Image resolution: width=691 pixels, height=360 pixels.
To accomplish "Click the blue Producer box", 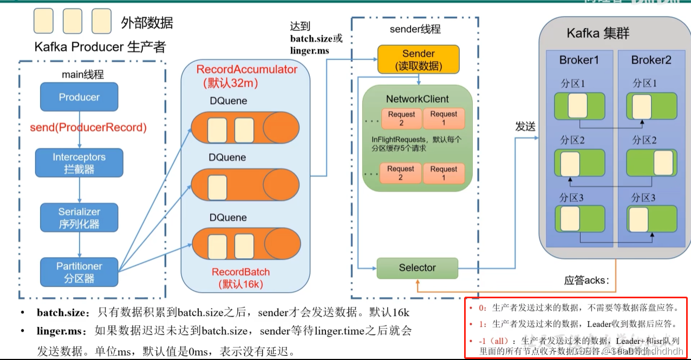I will pos(79,97).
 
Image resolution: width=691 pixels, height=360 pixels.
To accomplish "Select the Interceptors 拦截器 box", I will pos(79,163).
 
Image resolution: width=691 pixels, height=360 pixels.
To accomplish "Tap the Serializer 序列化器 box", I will pos(79,218).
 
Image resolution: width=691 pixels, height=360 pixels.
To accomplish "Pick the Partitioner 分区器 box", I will pos(79,272).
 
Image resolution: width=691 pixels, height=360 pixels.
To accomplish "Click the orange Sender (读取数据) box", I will pos(418,60).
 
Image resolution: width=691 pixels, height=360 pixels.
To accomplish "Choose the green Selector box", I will pos(417,268).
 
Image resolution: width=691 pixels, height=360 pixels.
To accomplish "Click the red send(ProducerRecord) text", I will pos(88,128).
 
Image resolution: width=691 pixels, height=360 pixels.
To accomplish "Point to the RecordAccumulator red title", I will pos(246,70).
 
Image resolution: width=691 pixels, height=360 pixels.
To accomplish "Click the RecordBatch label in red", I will pos(240,272).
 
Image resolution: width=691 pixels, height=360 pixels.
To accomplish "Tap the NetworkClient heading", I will pos(417,99).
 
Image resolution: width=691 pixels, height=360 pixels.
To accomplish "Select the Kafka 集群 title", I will pos(598,34).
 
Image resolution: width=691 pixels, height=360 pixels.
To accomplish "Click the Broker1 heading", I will pos(579,60).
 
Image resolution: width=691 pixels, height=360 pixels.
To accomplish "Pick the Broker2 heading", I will pos(651,60).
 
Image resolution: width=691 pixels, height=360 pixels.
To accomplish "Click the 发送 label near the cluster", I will pos(525,127).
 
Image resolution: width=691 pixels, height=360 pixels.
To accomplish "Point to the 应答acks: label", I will pos(586,280).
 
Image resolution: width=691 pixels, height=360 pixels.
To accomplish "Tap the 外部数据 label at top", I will pos(147,23).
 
